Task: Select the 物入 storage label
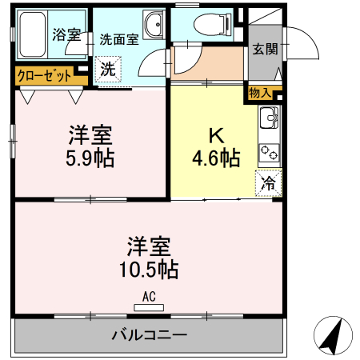pyautogui.click(x=260, y=94)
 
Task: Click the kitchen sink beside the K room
pyautogui.click(x=268, y=122)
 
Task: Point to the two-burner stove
pyautogui.click(x=268, y=150)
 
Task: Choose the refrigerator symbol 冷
pyautogui.click(x=269, y=183)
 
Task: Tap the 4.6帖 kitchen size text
pyautogui.click(x=215, y=158)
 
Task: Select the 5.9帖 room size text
pyautogui.click(x=90, y=157)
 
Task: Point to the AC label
pyautogui.click(x=148, y=296)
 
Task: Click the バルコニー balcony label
pyautogui.click(x=149, y=334)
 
